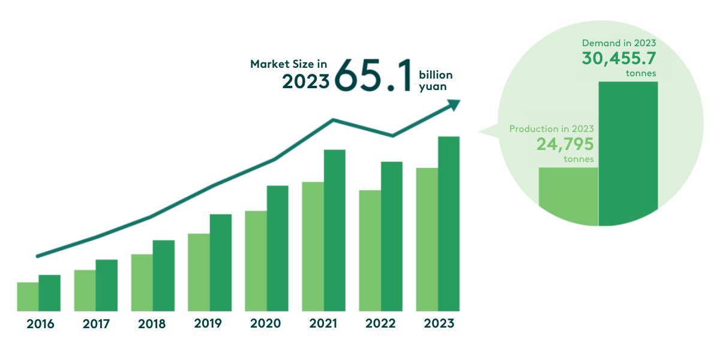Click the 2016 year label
click(x=40, y=324)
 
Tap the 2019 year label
click(x=208, y=324)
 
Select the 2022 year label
click(x=380, y=324)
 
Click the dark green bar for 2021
click(x=335, y=230)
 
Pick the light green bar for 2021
click(x=313, y=246)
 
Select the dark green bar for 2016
click(x=50, y=293)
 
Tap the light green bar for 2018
click(x=142, y=283)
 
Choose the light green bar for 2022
click(x=370, y=250)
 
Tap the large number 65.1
click(x=373, y=76)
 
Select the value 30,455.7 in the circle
click(x=619, y=59)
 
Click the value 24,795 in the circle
click(x=565, y=145)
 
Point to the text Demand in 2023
click(x=619, y=43)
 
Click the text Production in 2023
click(x=551, y=129)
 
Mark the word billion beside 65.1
click(x=436, y=75)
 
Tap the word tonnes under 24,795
click(x=579, y=160)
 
